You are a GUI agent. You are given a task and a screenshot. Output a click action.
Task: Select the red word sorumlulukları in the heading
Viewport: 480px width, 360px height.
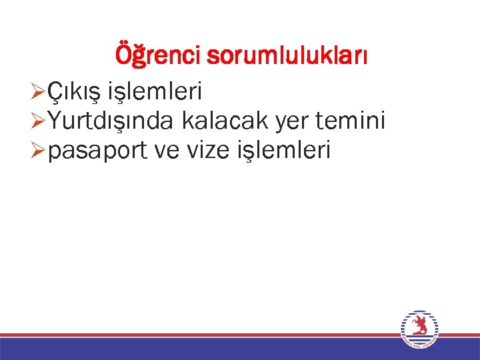tap(287, 55)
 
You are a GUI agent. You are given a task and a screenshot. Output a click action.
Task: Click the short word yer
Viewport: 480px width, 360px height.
tap(284, 121)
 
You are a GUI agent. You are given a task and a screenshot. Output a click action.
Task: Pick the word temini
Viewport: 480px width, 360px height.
tap(352, 121)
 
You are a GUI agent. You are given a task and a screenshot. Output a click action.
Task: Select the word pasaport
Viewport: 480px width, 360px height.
tap(98, 152)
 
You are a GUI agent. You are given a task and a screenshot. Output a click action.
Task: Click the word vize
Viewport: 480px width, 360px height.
tap(208, 152)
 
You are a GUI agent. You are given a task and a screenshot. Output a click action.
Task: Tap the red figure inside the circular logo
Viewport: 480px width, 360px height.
tap(419, 326)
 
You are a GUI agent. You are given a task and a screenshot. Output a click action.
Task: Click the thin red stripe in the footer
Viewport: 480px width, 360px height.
tap(200, 335)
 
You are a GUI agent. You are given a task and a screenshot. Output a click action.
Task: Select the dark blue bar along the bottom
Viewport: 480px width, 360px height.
tap(200, 349)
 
